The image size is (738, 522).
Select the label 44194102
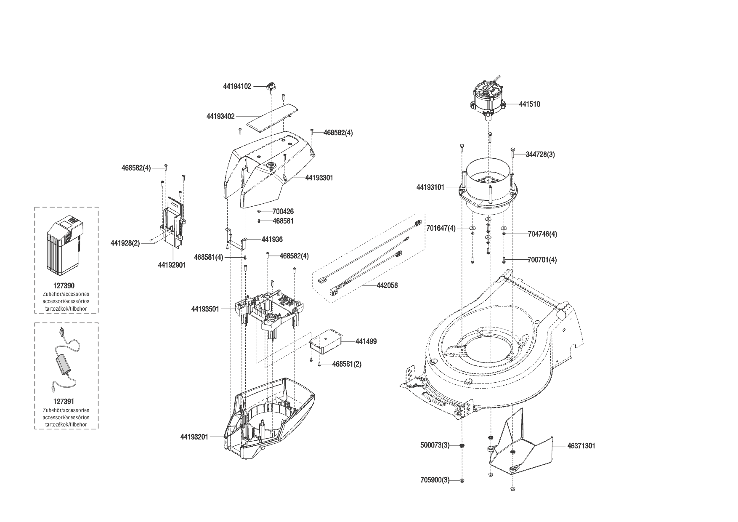tap(237, 86)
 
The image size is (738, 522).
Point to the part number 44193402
tap(220, 116)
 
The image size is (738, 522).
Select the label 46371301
tap(581, 446)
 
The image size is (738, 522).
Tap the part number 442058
tap(387, 285)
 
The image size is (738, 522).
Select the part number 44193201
tap(194, 437)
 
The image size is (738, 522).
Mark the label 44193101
tap(430, 187)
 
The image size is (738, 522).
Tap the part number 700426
tap(283, 211)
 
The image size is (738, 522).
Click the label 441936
tap(272, 239)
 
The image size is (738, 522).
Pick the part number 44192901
tap(172, 265)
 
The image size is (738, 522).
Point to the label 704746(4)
tap(542, 234)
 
